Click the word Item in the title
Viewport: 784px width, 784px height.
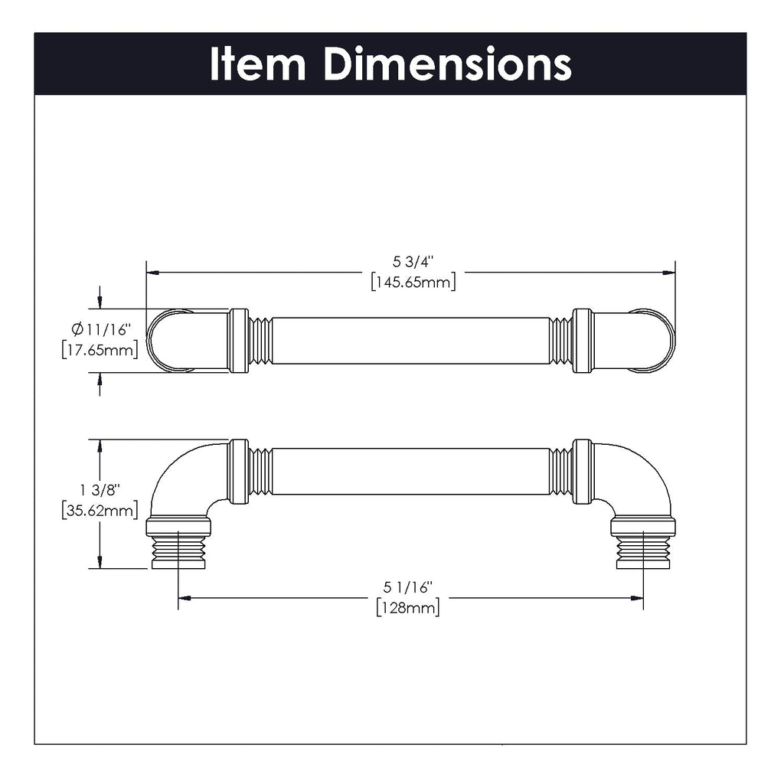257,64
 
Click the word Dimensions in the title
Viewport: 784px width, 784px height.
447,64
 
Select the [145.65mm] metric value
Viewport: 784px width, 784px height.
413,283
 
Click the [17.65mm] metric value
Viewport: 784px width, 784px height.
100,350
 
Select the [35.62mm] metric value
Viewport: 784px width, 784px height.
100,510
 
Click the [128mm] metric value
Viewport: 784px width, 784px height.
408,608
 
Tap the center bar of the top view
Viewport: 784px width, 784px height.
410,341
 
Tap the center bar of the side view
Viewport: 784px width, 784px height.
410,471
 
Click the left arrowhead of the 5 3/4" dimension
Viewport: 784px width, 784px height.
152,272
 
